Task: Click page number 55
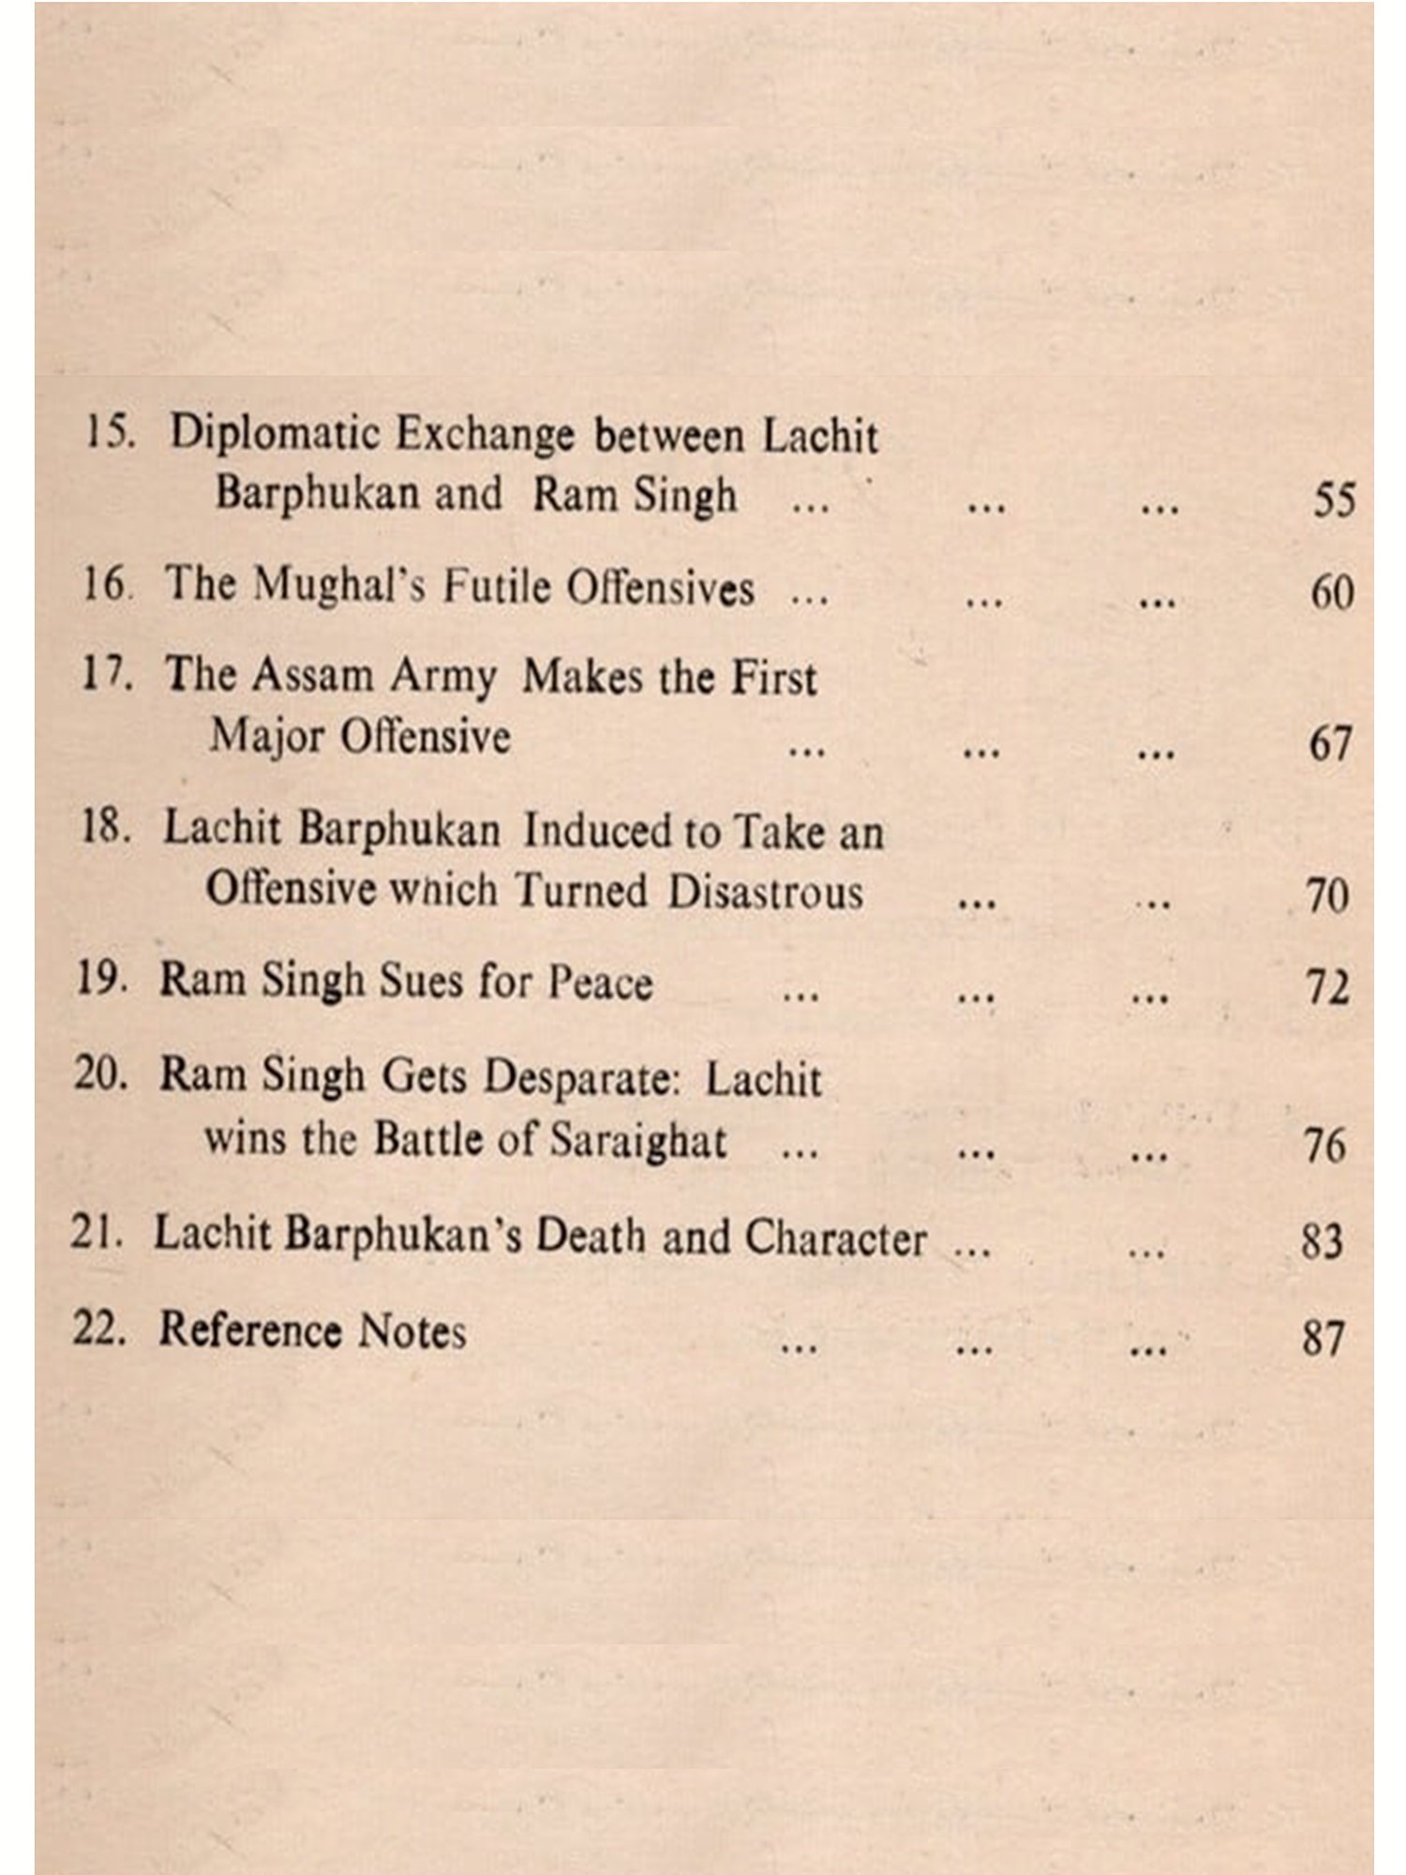pyautogui.click(x=1334, y=500)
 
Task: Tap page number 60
pyautogui.click(x=1332, y=592)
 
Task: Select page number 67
pyautogui.click(x=1330, y=743)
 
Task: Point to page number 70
pyautogui.click(x=1327, y=896)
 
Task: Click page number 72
pyautogui.click(x=1327, y=989)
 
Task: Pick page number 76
pyautogui.click(x=1324, y=1146)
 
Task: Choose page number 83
pyautogui.click(x=1323, y=1241)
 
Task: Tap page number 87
pyautogui.click(x=1323, y=1338)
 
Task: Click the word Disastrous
pyautogui.click(x=765, y=891)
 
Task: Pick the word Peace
pyautogui.click(x=600, y=982)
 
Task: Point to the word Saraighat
pyautogui.click(x=637, y=1141)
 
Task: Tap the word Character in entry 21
pyautogui.click(x=835, y=1238)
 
